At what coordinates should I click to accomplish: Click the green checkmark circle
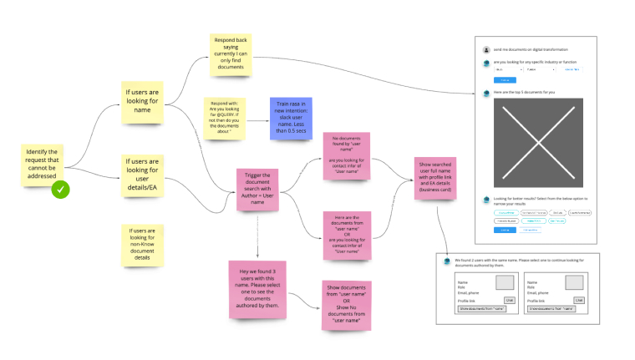(60, 190)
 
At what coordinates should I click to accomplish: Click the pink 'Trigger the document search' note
(257, 188)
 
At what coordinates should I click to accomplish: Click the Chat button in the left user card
(510, 300)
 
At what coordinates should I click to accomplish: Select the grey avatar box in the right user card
(574, 282)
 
